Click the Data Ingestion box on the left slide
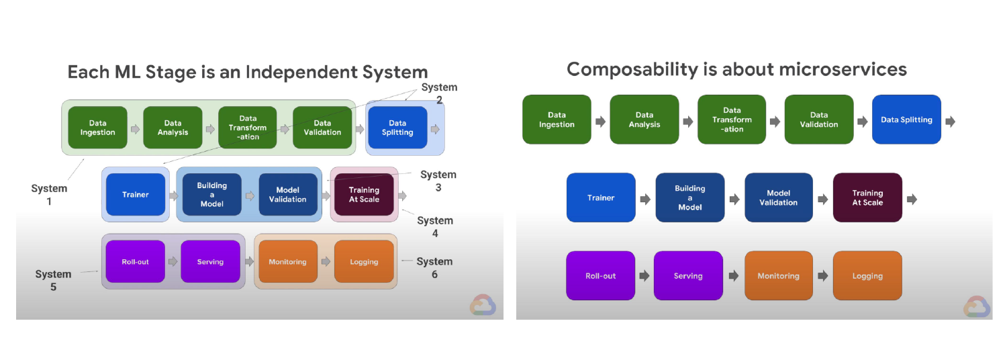tap(97, 128)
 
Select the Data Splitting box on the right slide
tap(906, 120)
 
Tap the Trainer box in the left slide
tap(136, 195)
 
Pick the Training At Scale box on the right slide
tap(867, 197)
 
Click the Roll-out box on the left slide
tap(135, 261)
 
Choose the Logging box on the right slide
tap(867, 275)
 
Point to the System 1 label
tap(49, 194)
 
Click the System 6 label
tap(434, 267)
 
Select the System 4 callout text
tap(435, 226)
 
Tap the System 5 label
tap(53, 280)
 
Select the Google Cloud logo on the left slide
tap(482, 306)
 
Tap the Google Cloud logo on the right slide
tap(977, 306)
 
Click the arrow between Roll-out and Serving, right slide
tap(644, 276)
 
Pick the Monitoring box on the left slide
tap(287, 261)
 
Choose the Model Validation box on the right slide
tap(779, 197)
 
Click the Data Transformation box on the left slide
tap(248, 128)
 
